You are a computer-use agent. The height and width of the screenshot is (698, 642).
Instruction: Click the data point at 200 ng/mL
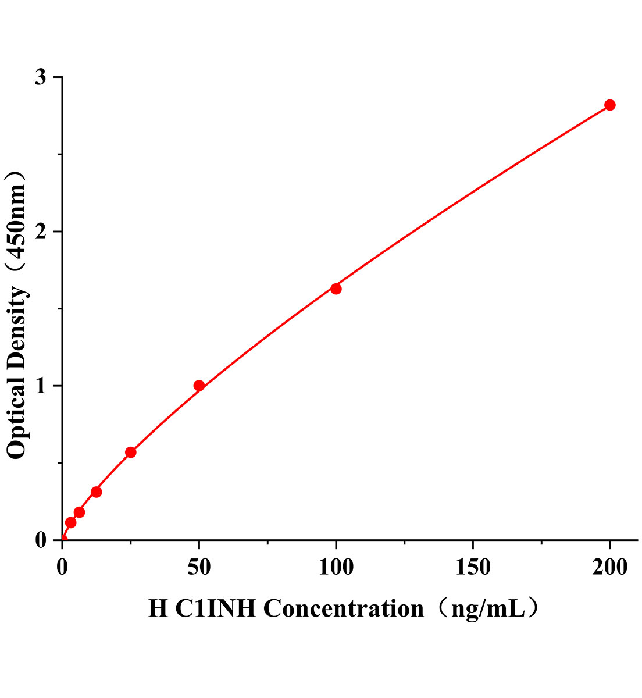609,105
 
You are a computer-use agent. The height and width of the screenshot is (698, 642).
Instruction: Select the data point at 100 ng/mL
336,289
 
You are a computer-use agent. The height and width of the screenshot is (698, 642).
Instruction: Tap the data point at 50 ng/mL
199,386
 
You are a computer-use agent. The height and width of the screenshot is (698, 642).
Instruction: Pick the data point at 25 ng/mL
131,452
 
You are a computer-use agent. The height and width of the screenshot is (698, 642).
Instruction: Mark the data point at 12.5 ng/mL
97,492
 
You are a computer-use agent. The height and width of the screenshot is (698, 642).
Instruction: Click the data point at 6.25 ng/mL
79,512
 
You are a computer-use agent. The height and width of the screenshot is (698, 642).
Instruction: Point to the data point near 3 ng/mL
70,522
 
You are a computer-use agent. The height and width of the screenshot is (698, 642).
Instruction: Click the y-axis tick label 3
40,77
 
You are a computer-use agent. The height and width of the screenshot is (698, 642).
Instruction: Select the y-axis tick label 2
40,232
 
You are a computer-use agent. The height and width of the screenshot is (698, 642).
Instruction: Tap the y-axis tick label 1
40,386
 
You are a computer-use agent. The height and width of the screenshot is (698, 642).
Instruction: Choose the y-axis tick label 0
40,540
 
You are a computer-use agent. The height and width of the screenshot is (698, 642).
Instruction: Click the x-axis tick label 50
199,568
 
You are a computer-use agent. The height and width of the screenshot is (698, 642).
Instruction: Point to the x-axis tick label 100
336,568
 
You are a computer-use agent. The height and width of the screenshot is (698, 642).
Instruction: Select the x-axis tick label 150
473,568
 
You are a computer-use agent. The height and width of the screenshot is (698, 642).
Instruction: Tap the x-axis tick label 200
609,568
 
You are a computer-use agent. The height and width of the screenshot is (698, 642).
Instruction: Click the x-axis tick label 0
62,568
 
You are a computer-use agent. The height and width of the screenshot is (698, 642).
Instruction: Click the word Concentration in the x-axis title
344,609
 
